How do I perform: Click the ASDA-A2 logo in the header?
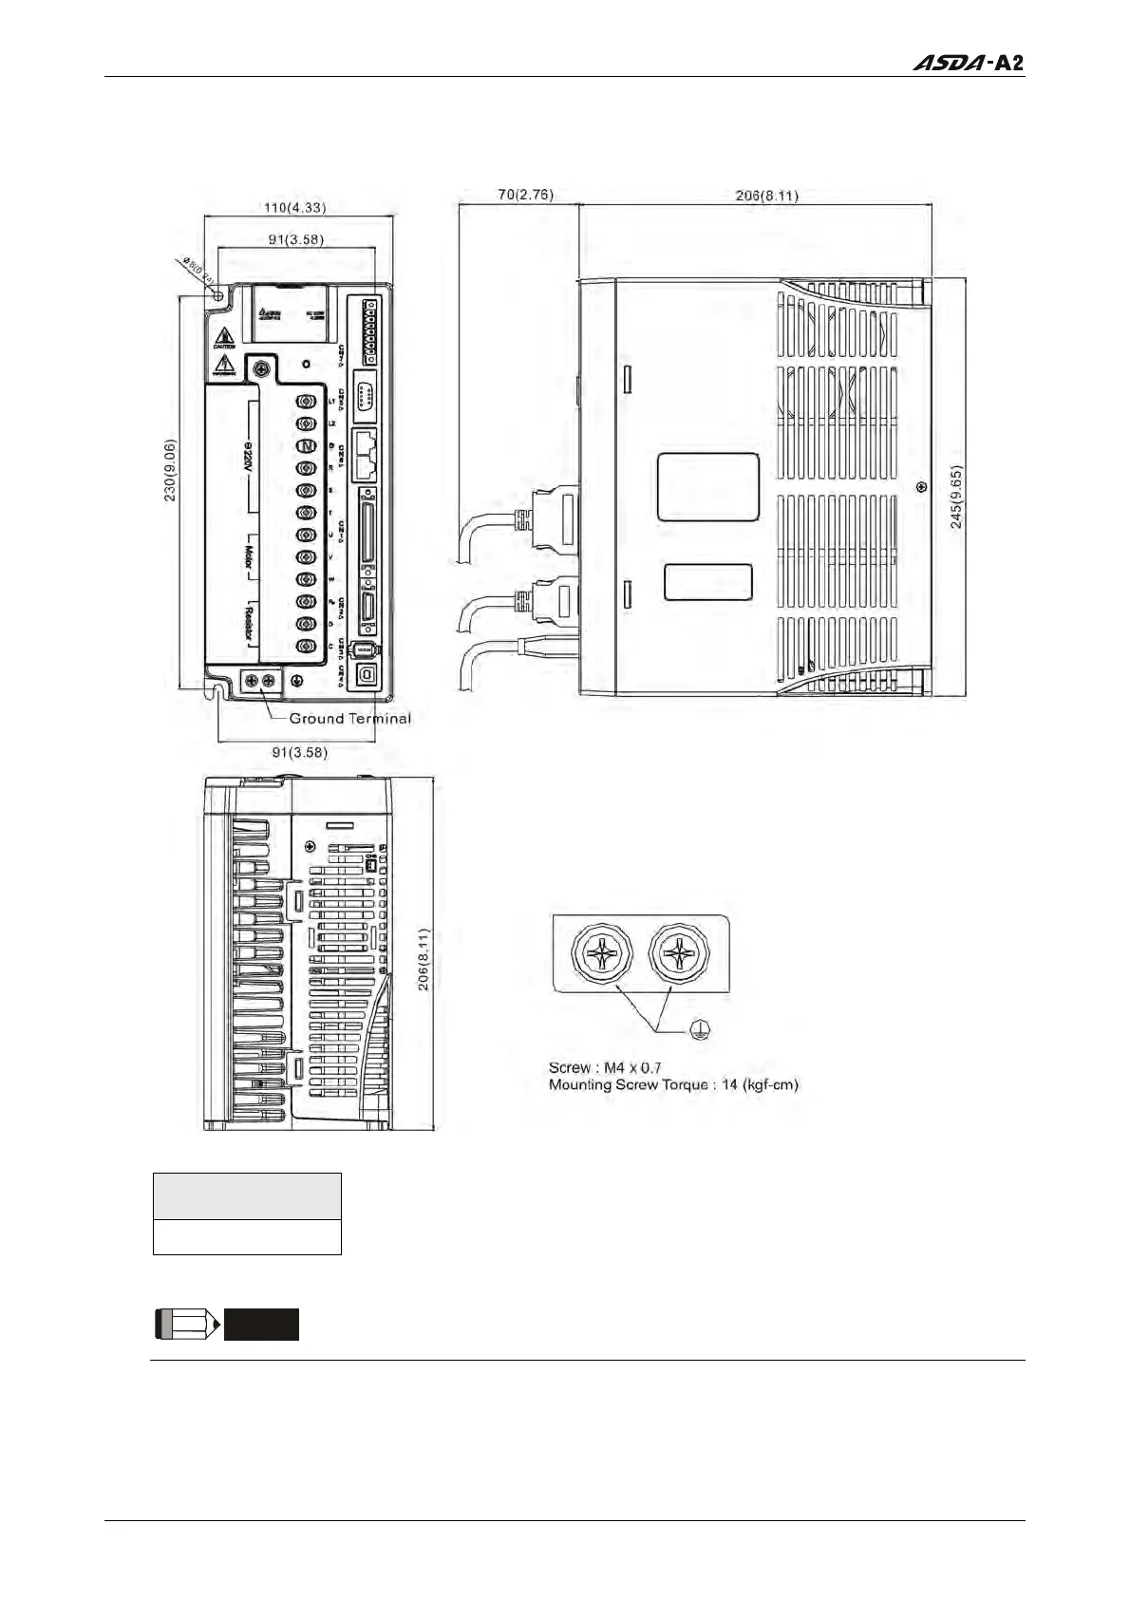tap(969, 63)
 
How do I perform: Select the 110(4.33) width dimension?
tap(295, 207)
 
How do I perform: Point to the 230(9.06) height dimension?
tap(170, 470)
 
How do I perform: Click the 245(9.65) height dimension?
tap(956, 497)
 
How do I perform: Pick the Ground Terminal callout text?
tap(349, 719)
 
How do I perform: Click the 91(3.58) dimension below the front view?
tap(299, 752)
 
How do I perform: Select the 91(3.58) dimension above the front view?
tap(295, 239)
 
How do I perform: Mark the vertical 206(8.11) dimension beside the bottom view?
tap(424, 959)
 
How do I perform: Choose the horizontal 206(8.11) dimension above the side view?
tap(767, 196)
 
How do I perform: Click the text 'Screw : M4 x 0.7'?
tap(605, 1067)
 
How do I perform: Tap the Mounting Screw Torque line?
tap(673, 1084)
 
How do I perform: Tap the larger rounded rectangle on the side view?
tap(708, 487)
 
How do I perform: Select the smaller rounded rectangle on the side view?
tap(707, 582)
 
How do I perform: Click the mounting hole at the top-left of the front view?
tap(217, 297)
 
